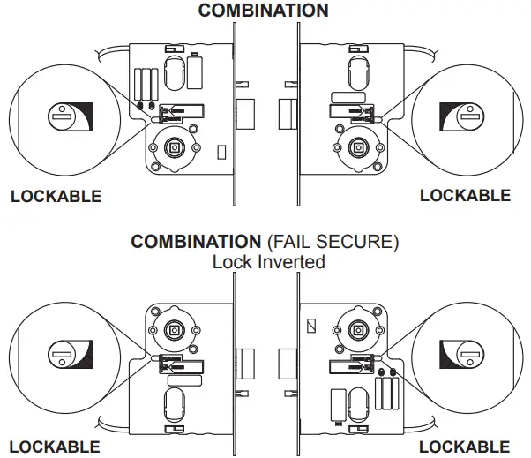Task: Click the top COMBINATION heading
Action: click(x=263, y=11)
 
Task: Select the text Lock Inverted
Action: click(x=268, y=261)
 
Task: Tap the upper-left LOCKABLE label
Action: click(x=56, y=196)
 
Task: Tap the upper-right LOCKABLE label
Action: click(x=465, y=195)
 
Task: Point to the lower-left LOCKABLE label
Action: click(x=54, y=447)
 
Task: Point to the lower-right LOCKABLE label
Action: click(x=464, y=447)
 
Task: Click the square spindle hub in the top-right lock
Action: click(x=358, y=147)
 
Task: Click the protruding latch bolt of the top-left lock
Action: click(x=246, y=112)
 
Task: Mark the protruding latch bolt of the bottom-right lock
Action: click(x=286, y=362)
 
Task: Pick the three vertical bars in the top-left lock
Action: click(x=146, y=85)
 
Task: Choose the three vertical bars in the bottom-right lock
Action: click(x=385, y=391)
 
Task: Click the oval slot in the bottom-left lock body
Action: click(x=173, y=407)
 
